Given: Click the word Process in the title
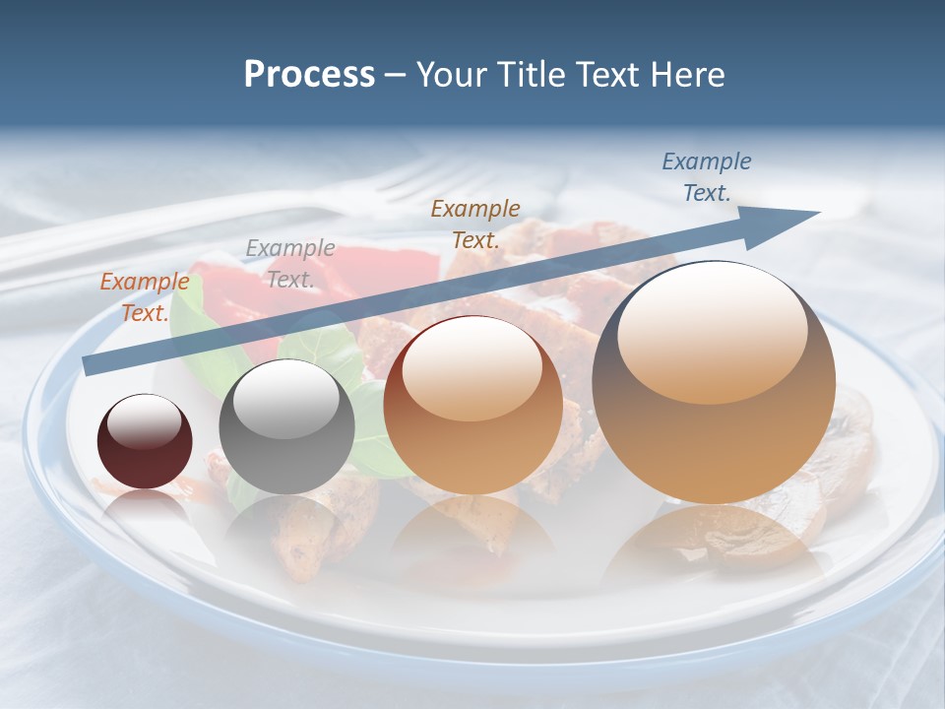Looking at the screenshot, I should tap(309, 75).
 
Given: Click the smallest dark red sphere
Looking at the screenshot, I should tap(145, 441).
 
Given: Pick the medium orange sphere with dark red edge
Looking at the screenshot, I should tap(472, 406).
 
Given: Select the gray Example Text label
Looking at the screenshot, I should tap(289, 264).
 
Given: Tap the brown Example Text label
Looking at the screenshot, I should tap(475, 224).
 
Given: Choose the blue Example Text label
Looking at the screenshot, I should tap(707, 177).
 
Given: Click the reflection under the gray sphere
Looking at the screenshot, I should tap(285, 527).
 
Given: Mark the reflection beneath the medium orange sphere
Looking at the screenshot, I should tap(472, 537).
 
